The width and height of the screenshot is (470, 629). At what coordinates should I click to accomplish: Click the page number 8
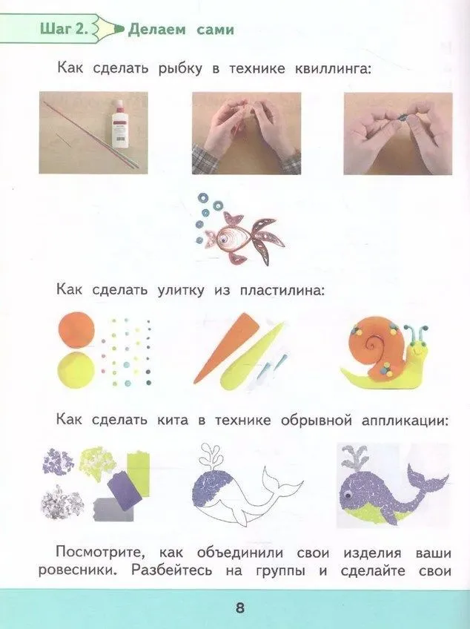pyautogui.click(x=239, y=608)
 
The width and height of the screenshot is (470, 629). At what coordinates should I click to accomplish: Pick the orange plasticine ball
pyautogui.click(x=76, y=330)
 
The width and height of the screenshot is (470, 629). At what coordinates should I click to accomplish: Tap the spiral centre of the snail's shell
pyautogui.click(x=374, y=343)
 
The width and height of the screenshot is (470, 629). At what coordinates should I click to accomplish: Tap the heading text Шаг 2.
pyautogui.click(x=63, y=29)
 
